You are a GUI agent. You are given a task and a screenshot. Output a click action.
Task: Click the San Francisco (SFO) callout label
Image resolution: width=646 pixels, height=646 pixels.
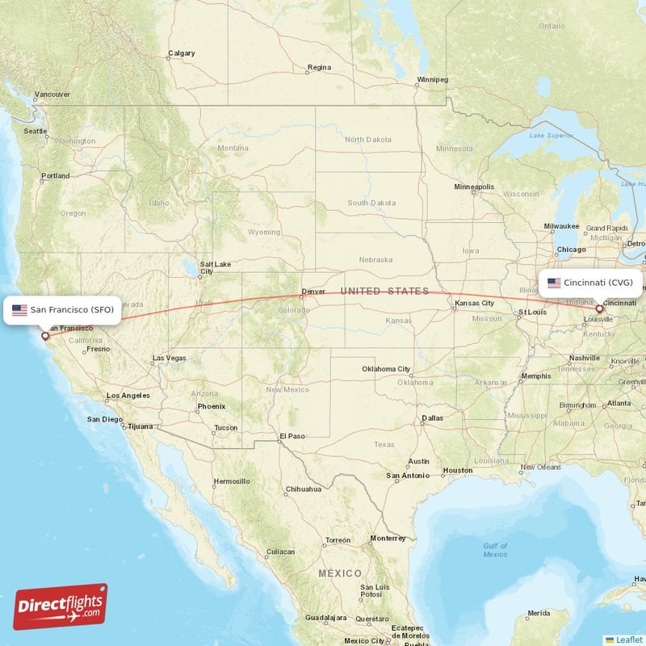click(63, 309)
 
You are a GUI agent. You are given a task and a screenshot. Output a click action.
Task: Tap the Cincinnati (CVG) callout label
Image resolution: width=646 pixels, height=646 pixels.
click(591, 283)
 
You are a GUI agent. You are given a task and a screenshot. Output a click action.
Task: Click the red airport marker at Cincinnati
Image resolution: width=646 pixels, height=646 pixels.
click(599, 309)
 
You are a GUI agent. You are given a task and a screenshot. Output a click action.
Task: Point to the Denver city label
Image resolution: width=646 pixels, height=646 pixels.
click(313, 292)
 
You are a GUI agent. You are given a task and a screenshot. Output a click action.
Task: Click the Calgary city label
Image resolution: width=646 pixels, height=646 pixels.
click(181, 54)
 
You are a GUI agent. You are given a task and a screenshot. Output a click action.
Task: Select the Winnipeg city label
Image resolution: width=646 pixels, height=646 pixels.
click(432, 79)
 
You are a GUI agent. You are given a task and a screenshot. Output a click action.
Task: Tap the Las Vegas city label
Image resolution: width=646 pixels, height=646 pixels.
click(169, 358)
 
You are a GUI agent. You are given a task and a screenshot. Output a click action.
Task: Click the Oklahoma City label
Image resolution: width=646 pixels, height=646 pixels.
click(386, 369)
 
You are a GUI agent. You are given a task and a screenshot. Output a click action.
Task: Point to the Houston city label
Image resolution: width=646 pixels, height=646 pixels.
click(458, 470)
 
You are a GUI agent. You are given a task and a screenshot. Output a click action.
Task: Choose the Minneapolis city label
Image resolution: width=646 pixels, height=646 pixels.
click(474, 187)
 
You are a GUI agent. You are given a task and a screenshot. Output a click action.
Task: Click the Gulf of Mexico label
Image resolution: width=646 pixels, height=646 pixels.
click(495, 550)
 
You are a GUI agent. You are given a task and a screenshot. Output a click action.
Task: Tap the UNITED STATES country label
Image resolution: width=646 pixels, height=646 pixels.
click(384, 291)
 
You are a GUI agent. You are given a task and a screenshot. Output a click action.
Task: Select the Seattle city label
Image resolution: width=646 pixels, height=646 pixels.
click(35, 131)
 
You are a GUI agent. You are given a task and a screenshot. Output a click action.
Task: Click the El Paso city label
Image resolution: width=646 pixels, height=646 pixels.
click(292, 436)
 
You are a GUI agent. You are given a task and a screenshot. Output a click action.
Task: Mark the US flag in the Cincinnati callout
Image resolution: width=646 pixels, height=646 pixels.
click(554, 283)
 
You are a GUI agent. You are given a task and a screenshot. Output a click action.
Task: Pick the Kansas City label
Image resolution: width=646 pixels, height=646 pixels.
click(474, 303)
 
